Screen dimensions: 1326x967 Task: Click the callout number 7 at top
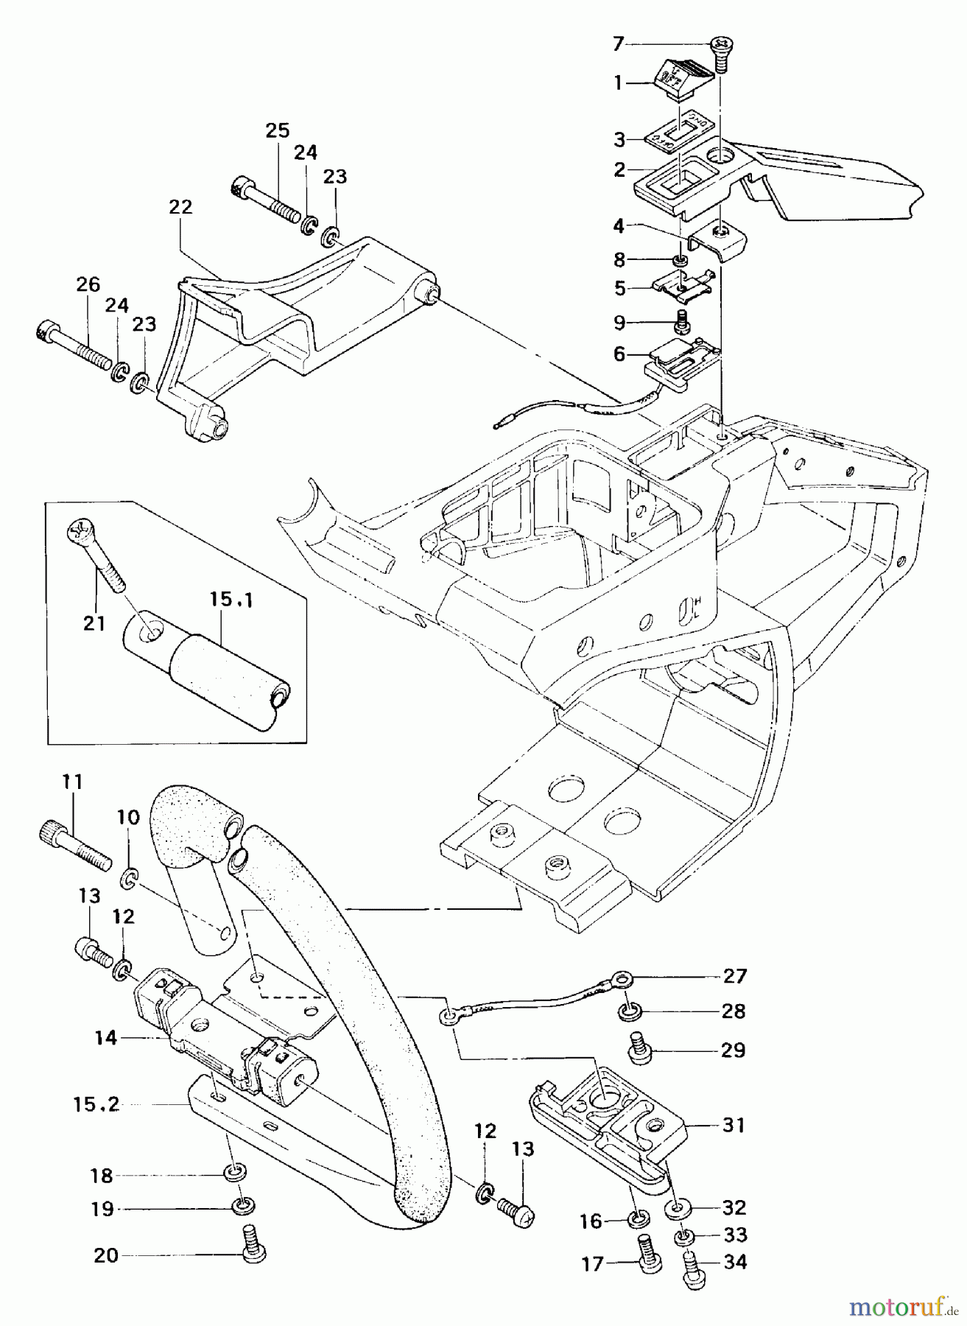(618, 44)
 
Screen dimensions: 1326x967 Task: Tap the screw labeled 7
(720, 55)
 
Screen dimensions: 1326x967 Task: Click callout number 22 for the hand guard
(180, 207)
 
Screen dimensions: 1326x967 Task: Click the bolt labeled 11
(72, 845)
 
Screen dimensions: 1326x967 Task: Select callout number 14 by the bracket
(106, 1038)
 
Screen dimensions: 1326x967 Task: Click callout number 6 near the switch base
(619, 354)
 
